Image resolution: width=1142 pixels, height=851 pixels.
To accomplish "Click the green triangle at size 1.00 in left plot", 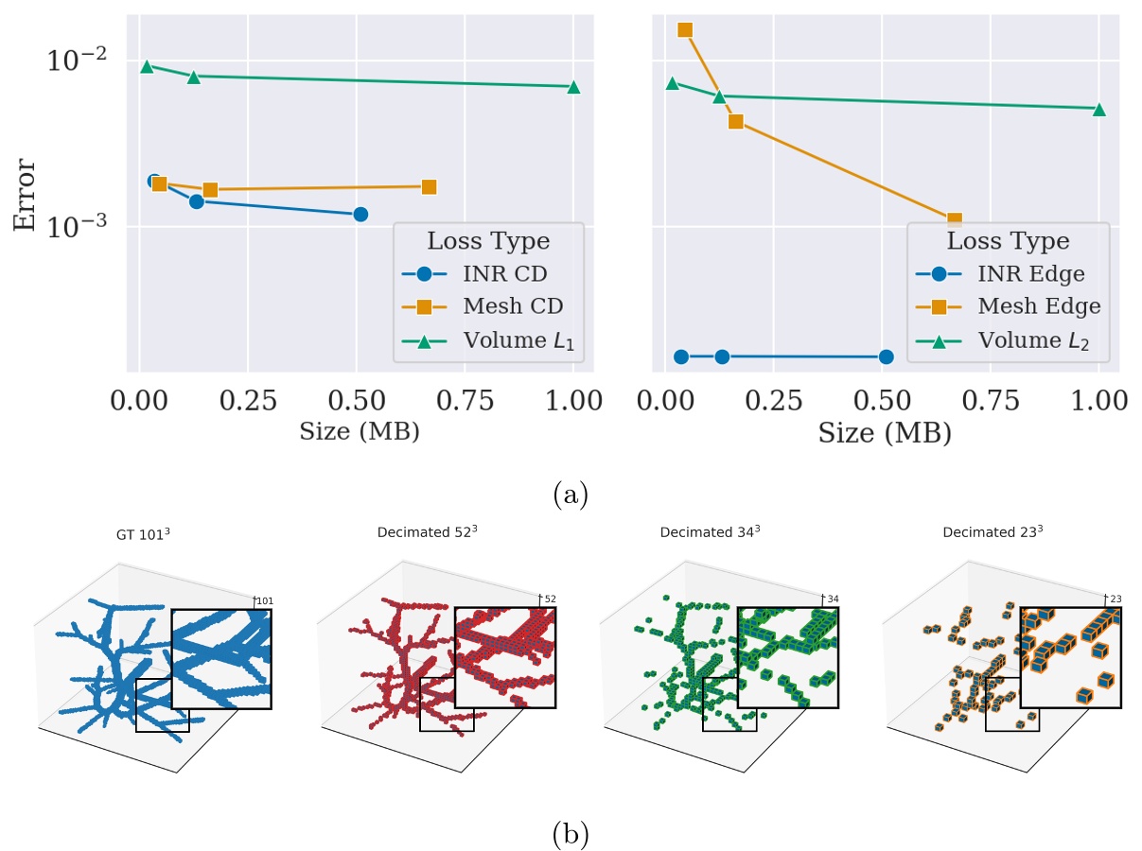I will pos(573,87).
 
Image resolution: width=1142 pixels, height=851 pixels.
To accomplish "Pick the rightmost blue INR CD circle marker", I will pos(360,215).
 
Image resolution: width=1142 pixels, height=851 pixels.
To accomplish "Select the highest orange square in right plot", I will pos(685,30).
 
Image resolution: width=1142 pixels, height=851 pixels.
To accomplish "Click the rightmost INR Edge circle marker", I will pos(886,356).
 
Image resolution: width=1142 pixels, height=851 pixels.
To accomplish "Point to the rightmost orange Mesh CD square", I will pos(429,187).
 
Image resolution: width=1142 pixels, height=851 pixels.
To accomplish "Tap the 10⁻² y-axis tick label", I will pos(76,61).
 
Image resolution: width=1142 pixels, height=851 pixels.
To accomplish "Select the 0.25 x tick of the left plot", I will pos(248,401).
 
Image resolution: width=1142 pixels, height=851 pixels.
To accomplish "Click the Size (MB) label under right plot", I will pos(885,433).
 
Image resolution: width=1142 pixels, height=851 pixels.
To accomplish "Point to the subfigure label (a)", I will pos(570,495).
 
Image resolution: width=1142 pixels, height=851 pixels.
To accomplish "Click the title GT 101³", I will pos(144,534).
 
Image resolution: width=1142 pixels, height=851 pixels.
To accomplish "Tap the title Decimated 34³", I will pos(710,532).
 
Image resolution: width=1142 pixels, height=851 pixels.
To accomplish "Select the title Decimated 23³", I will pos(993,532).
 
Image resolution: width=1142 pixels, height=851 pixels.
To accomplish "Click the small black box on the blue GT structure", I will pos(162,705).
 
